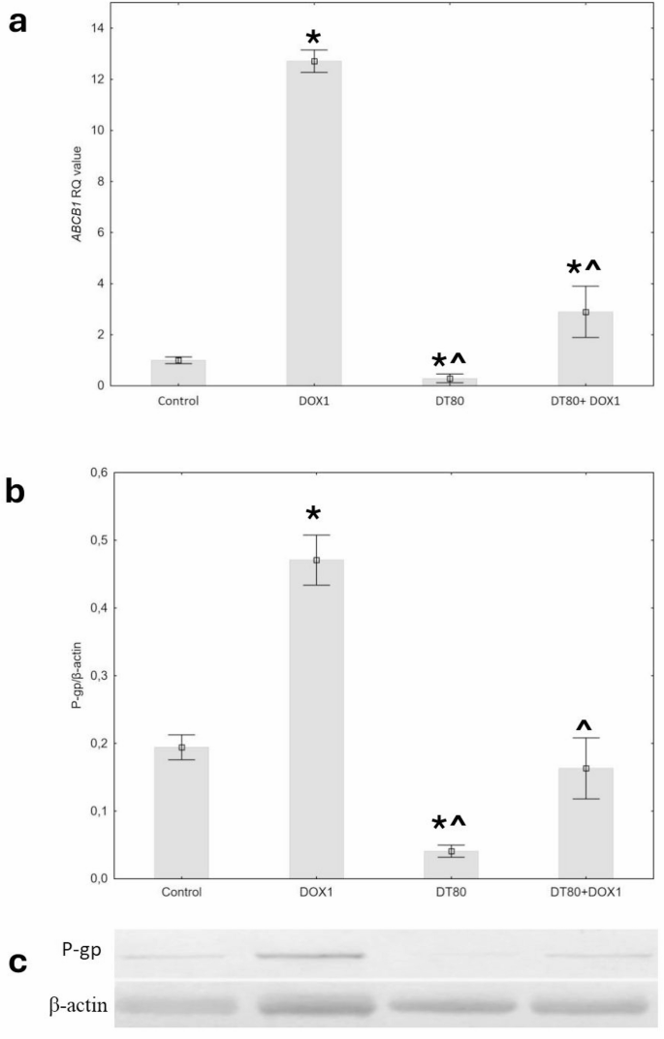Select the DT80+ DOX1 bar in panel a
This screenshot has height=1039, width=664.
(x=585, y=349)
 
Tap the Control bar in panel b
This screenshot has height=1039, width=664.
(x=181, y=812)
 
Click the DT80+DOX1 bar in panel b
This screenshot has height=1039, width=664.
(x=585, y=823)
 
